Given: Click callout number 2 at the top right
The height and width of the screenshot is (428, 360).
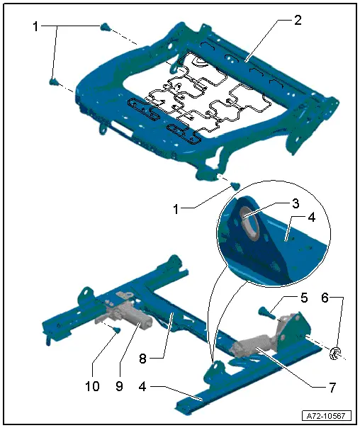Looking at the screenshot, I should (298, 20).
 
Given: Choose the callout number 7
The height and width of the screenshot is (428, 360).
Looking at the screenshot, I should (332, 387).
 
